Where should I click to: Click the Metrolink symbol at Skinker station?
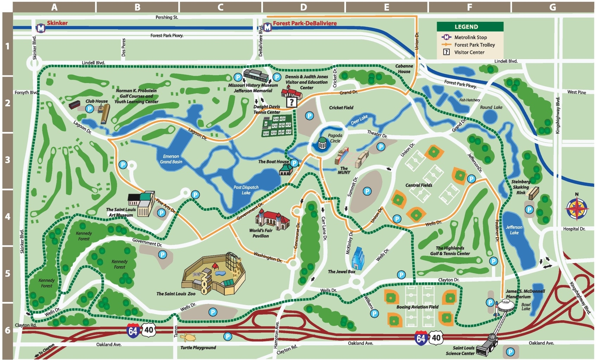coord(41,28)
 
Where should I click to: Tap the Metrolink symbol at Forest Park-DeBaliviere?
coord(268,27)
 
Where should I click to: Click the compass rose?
coord(576,208)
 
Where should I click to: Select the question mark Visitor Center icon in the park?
coord(291,102)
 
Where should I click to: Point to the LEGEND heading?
coord(466,27)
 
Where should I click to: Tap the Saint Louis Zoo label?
coord(176,293)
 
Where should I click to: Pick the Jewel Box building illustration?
coord(358,258)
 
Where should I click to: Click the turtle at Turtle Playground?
coord(188,338)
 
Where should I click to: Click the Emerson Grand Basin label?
coord(171,159)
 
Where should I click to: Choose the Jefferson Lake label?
coord(514,230)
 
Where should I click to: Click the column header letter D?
coord(303,7)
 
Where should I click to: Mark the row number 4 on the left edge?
coord(7,217)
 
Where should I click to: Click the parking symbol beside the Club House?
coord(90,109)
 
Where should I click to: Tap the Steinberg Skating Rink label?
coord(521,187)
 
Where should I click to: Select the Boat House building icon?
coord(286,170)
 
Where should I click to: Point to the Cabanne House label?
coord(404,69)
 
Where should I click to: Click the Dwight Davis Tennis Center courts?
coord(277,126)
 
